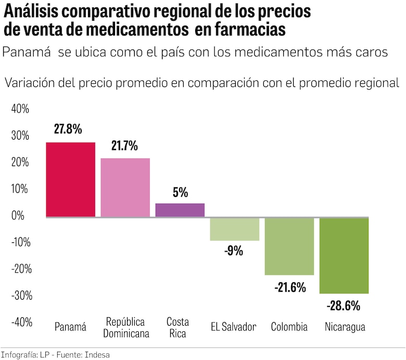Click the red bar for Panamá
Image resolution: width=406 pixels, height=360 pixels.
pyautogui.click(x=70, y=179)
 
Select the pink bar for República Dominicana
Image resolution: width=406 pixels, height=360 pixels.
pyautogui.click(x=125, y=187)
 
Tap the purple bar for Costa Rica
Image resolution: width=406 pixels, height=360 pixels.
pyautogui.click(x=180, y=210)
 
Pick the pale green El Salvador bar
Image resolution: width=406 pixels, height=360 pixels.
pyautogui.click(x=234, y=229)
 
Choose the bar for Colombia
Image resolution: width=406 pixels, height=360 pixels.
pyautogui.click(x=289, y=246)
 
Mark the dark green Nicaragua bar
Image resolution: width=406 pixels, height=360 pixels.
pyautogui.click(x=344, y=255)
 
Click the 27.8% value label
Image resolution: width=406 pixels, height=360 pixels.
pyautogui.click(x=67, y=129)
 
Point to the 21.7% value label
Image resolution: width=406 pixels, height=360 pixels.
pyautogui.click(x=124, y=146)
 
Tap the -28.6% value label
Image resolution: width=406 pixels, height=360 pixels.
pyautogui.click(x=343, y=306)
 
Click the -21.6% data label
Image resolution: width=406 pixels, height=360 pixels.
pyautogui.click(x=289, y=287)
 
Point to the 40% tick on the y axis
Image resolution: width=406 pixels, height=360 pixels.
pyautogui.click(x=20, y=109)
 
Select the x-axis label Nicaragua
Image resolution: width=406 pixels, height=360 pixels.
pyautogui.click(x=345, y=327)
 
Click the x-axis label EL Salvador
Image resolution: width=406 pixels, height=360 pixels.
pyautogui.click(x=233, y=327)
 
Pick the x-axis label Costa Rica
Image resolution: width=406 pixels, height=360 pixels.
pyautogui.click(x=177, y=327)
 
